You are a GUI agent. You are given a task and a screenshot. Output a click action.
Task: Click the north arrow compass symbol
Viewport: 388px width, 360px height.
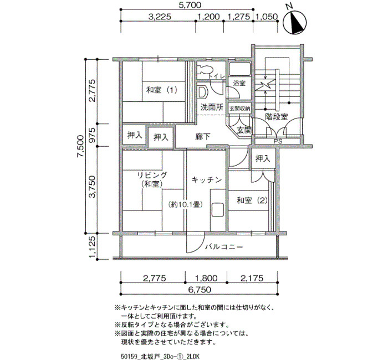point(294,21)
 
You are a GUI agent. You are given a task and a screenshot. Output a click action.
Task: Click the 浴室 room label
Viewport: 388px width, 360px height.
point(239,83)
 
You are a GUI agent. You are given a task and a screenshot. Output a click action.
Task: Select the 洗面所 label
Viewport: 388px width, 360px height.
point(212,107)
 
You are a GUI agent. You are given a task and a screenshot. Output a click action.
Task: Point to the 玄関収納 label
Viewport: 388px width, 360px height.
point(239,109)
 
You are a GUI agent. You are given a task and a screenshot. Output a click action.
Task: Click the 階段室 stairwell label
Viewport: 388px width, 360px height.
point(277,117)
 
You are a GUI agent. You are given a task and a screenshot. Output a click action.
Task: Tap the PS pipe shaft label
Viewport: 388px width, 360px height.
point(278,142)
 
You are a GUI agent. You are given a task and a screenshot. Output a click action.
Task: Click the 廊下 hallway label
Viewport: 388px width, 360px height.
point(203,137)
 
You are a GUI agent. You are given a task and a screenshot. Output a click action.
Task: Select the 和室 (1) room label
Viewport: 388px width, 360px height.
point(162,90)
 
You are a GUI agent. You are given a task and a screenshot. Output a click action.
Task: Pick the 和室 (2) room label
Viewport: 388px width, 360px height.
point(252,200)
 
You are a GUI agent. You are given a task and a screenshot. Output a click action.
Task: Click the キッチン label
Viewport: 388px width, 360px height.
point(207,180)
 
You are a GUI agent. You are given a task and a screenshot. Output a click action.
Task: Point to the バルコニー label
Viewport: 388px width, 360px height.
point(224,247)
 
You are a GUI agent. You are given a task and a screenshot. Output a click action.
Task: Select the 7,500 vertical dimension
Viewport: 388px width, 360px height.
point(80,146)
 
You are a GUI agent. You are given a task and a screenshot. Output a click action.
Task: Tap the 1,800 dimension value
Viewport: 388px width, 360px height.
point(206,279)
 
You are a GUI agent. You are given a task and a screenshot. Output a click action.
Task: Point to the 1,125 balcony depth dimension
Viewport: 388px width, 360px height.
point(92,246)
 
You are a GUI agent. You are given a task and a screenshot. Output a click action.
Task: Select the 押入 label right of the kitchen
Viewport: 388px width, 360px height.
point(263,158)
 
